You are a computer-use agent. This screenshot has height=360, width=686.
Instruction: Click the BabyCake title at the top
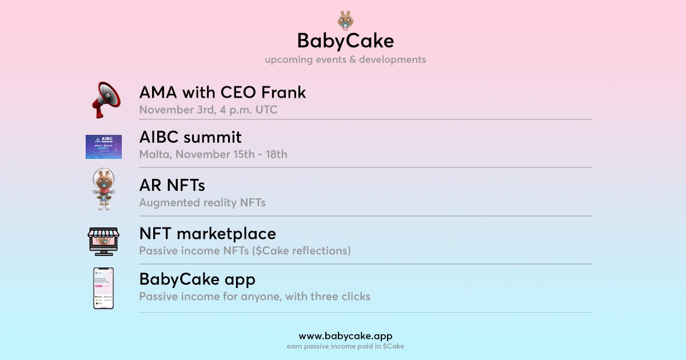pos(345,41)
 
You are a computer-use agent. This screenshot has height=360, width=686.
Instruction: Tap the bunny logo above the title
pos(345,20)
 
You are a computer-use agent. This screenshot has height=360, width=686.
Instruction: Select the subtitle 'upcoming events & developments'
pos(345,59)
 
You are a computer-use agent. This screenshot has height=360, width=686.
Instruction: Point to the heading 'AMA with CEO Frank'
pos(222,92)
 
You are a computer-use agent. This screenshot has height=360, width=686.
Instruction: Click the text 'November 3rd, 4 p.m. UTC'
pos(208,110)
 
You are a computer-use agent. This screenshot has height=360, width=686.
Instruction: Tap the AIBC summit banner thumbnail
pos(103,147)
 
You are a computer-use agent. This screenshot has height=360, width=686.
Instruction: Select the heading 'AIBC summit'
pos(190,137)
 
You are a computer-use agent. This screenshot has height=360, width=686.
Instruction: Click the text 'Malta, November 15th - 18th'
pos(213,154)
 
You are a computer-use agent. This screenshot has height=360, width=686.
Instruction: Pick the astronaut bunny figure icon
pos(103,190)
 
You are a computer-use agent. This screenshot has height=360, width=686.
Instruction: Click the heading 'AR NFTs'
pos(172,185)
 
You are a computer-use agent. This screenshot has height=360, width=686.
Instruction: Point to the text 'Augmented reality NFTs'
pos(202,202)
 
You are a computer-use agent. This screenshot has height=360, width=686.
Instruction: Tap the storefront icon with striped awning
pos(103,241)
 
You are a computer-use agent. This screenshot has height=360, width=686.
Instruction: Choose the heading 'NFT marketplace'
pos(208,233)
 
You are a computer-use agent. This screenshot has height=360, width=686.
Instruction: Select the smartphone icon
pos(103,288)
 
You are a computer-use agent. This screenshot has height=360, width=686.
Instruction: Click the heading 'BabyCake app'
pos(197,279)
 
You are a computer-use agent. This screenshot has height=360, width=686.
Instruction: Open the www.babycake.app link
pos(345,336)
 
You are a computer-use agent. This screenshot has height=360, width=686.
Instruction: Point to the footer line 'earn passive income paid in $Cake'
pos(345,346)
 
